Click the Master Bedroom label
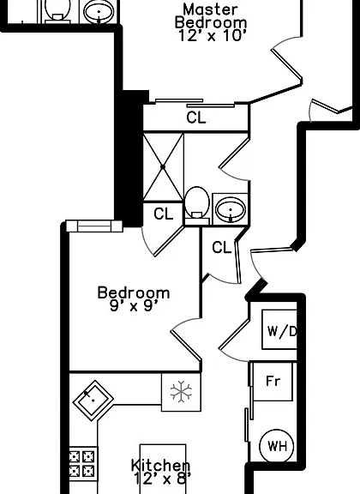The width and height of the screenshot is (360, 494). pyautogui.click(x=211, y=22)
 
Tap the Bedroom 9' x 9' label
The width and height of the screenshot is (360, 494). pyautogui.click(x=134, y=299)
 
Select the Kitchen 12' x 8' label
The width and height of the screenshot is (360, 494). pyautogui.click(x=161, y=473)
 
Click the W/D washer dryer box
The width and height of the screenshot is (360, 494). pyautogui.click(x=279, y=329)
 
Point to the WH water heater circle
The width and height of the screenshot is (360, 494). pyautogui.click(x=277, y=446)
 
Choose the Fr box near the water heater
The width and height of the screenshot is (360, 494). pyautogui.click(x=273, y=381)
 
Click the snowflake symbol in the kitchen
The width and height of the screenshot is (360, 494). pyautogui.click(x=181, y=392)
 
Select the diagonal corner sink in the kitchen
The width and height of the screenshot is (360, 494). pyautogui.click(x=93, y=401)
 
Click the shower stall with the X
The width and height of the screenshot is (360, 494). pyautogui.click(x=163, y=166)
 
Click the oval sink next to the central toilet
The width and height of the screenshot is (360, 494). pyautogui.click(x=231, y=209)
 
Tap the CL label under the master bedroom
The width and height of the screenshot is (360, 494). pyautogui.click(x=196, y=117)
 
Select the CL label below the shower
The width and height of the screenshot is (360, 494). pyautogui.click(x=164, y=214)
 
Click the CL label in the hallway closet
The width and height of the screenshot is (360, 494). pyautogui.click(x=222, y=247)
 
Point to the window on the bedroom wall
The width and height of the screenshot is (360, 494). pyautogui.click(x=94, y=226)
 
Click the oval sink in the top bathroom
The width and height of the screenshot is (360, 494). pyautogui.click(x=99, y=12)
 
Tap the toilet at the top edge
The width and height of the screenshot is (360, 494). pyautogui.click(x=57, y=11)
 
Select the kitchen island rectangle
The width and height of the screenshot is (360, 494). pyautogui.click(x=163, y=469)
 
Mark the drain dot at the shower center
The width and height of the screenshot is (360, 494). pyautogui.click(x=163, y=166)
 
